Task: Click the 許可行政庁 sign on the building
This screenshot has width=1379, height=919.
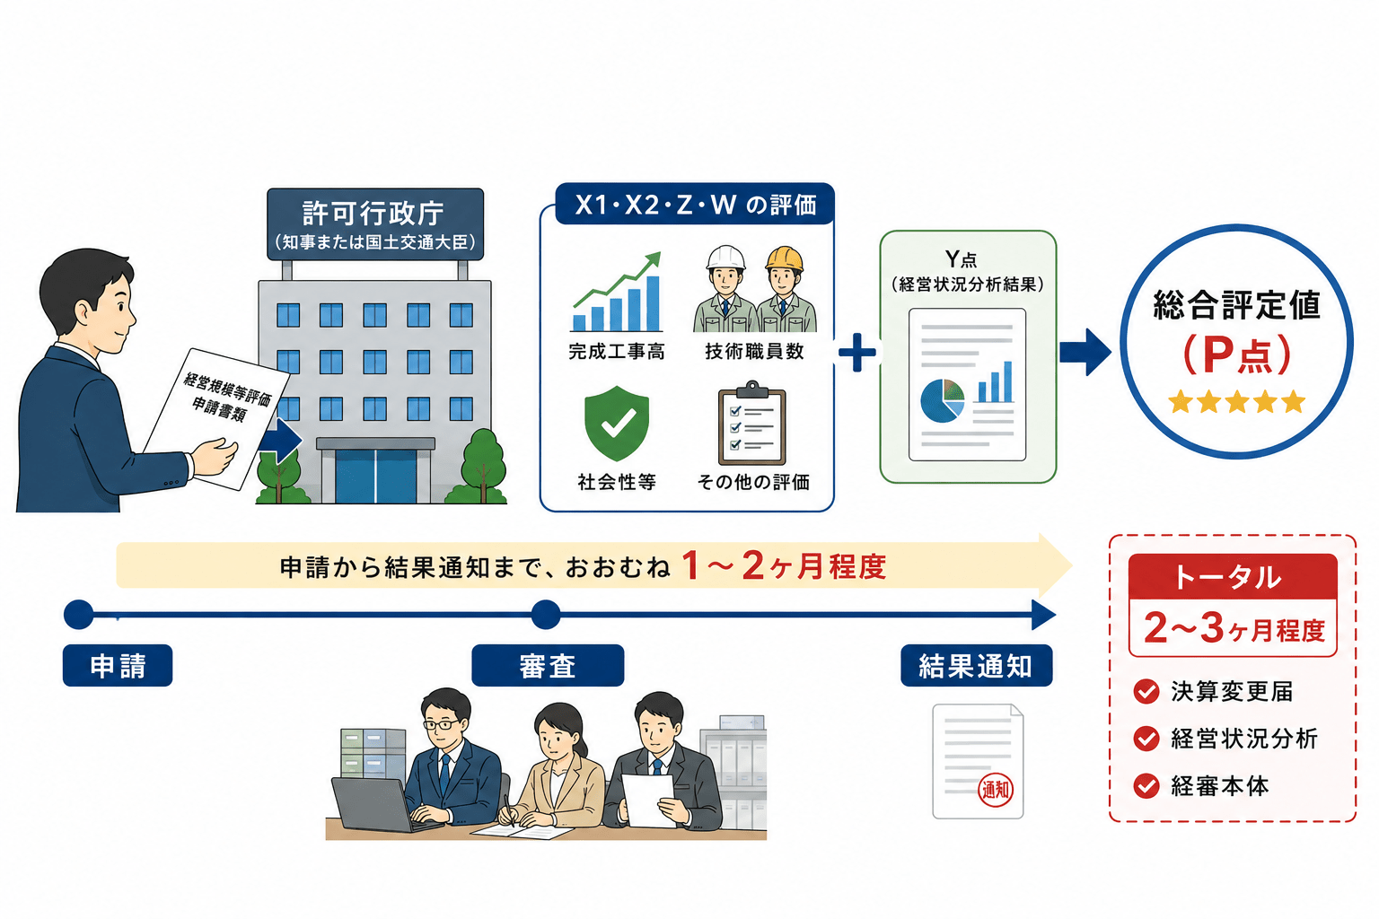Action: point(375,224)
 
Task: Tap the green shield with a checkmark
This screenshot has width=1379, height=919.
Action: point(616,424)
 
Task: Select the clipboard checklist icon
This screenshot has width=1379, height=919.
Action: point(751,424)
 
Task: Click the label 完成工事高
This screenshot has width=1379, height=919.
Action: point(616,352)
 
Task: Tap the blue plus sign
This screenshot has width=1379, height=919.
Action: point(857,352)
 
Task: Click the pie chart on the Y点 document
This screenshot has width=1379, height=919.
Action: point(943,400)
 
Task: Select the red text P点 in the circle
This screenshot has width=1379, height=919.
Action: point(1236,354)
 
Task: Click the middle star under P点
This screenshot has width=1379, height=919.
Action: point(1236,401)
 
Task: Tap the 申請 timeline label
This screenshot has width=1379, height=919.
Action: point(118,665)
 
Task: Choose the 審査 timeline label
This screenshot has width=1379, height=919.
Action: point(548,665)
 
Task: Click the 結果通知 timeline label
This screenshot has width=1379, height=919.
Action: point(977,665)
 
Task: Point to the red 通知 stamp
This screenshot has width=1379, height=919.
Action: point(996,790)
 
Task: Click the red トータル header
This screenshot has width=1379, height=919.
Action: point(1233,577)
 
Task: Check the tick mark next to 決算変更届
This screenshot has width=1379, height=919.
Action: point(1146,691)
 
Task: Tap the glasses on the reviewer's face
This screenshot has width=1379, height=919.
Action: point(442,724)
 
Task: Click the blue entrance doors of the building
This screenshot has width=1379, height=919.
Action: point(375,477)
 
